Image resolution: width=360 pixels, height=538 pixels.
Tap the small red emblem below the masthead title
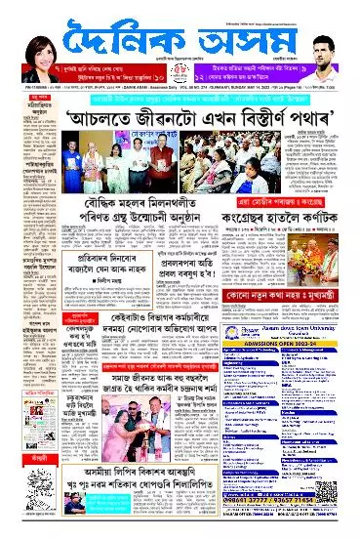tap(180, 71)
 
